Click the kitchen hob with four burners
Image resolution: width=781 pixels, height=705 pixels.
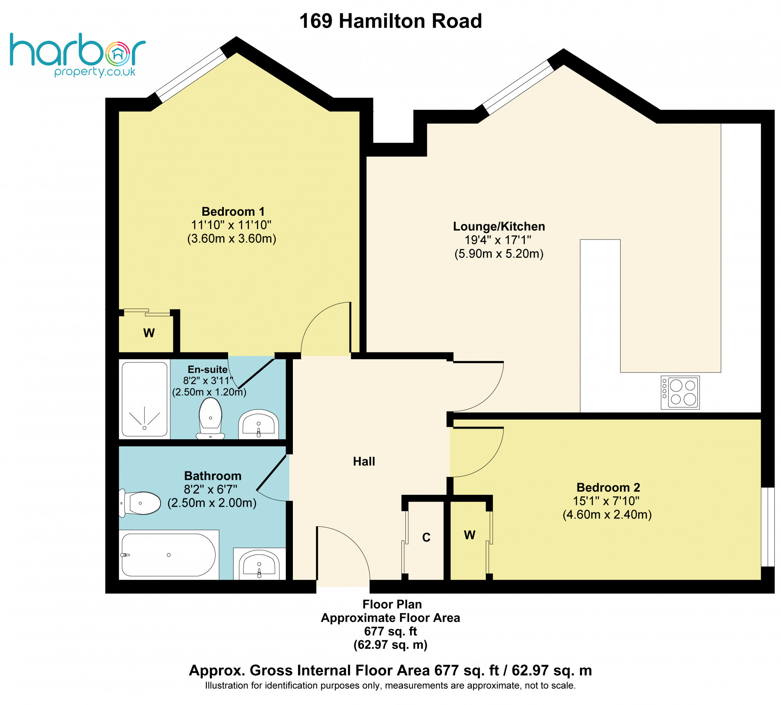point(680,392)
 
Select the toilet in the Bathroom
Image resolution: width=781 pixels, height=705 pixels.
point(141,503)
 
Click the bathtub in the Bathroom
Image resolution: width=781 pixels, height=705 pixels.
point(168,555)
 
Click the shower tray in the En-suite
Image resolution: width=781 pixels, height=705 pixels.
point(144,399)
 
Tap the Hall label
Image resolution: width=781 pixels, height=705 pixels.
point(364,462)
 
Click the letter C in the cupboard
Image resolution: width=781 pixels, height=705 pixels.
point(426,537)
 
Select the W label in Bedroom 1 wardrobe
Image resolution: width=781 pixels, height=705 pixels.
point(149,333)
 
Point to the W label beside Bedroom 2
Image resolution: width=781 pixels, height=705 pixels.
point(469,535)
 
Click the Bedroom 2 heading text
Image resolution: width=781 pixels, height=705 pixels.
point(608,487)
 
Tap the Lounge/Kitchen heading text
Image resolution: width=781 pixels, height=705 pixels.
point(499,226)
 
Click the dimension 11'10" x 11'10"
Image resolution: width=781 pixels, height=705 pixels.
point(231,225)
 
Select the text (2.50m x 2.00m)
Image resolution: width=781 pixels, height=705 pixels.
point(212,503)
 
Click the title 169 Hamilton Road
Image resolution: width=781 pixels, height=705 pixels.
point(390,21)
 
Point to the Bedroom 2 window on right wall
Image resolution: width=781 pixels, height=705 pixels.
point(768,526)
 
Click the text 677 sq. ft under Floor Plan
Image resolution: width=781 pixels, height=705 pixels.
point(390,631)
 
